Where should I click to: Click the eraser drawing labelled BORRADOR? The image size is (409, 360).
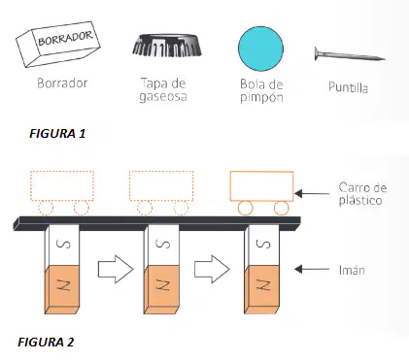(58, 45)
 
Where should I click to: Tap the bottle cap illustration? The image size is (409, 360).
(167, 45)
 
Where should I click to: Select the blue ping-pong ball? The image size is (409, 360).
(260, 49)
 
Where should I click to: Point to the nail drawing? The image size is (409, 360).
(350, 54)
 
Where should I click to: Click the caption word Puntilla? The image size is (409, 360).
(348, 87)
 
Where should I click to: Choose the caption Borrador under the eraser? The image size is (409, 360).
(62, 83)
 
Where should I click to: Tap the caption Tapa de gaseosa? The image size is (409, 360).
(163, 90)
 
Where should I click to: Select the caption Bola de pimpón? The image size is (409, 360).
(261, 91)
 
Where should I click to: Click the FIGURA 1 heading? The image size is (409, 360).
(57, 133)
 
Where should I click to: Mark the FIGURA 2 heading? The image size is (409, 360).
(46, 342)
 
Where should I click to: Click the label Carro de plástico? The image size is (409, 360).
(362, 194)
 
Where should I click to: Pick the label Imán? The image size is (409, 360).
(352, 270)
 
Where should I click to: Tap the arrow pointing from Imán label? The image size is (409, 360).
(312, 269)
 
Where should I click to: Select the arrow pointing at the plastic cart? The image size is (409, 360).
(312, 194)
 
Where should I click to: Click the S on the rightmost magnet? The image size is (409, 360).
(263, 244)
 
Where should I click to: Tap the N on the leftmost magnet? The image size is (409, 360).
(64, 285)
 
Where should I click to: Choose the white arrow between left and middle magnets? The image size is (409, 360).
(116, 270)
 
